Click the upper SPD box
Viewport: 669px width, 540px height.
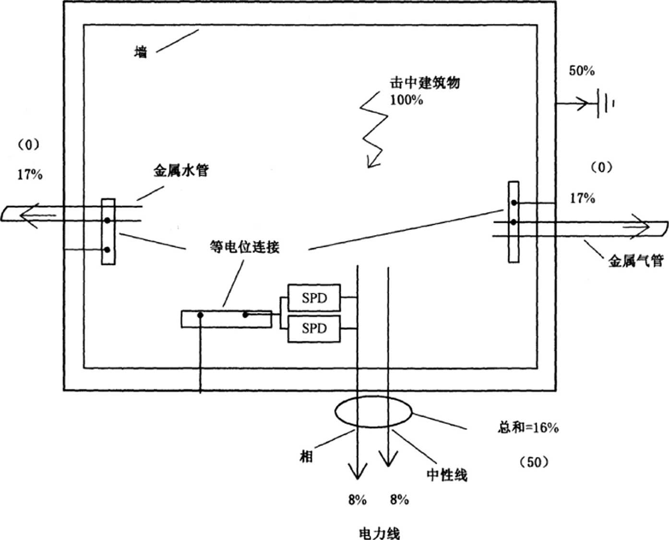coord(314,298)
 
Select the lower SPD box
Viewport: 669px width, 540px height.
coord(314,329)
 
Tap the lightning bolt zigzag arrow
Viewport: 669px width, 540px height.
coord(374,132)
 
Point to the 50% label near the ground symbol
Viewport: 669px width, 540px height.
coord(582,71)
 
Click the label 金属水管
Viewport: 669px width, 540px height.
coord(181,170)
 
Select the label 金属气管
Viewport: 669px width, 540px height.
coord(636,261)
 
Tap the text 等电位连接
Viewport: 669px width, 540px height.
coord(245,247)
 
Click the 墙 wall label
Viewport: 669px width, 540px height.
coord(140,52)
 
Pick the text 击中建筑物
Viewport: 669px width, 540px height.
coord(424,83)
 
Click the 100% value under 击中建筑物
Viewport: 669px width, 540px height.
coord(406,100)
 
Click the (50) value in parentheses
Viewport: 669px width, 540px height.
coord(534,462)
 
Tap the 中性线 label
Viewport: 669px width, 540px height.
coord(446,475)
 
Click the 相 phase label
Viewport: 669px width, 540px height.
coord(306,456)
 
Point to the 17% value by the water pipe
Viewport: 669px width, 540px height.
coord(30,175)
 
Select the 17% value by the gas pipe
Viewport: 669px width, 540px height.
coord(582,198)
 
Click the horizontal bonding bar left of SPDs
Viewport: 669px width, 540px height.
coord(226,319)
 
